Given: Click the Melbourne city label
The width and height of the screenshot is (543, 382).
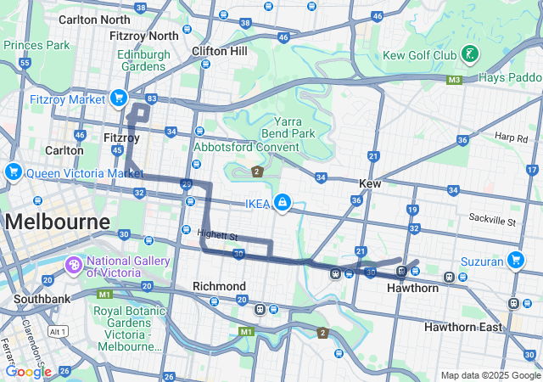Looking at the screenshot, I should pos(58,222).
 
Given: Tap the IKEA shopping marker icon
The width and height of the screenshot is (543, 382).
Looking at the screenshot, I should pos(282,203).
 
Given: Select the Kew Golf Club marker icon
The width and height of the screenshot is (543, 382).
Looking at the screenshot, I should pos(469,55).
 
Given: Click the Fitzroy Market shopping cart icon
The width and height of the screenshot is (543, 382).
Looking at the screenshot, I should pos(118,98).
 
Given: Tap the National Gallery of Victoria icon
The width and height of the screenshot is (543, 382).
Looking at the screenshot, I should pos(74,267).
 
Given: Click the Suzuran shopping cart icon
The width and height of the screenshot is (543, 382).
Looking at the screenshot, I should pos(515,260).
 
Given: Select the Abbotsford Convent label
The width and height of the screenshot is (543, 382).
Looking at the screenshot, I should pos(246,147).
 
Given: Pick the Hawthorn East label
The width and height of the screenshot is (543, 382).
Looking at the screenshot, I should pos(463,327).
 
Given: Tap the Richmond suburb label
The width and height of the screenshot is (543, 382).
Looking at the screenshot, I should pos(219,286).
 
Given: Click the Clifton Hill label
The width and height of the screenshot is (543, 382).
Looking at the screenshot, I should pos(219,51).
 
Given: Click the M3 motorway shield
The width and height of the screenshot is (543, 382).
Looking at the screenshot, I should pos(454,80).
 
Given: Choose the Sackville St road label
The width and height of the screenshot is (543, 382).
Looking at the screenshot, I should pos(492,221).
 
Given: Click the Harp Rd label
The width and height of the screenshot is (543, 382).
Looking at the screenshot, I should pos(512,138).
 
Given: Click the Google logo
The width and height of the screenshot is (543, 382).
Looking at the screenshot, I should pos(28,371).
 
